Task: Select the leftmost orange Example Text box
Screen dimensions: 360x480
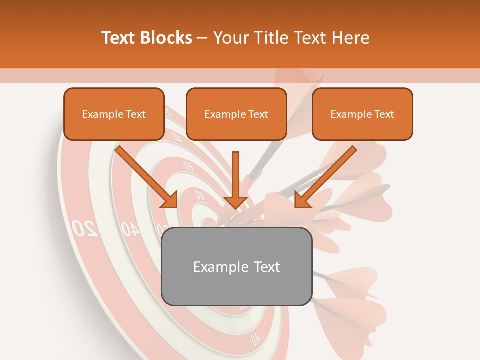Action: [114, 114]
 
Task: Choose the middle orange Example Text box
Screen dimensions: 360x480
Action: [236, 114]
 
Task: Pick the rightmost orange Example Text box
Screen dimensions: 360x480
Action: [362, 114]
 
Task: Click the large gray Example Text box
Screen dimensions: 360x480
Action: [236, 266]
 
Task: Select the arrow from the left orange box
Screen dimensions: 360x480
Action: [145, 175]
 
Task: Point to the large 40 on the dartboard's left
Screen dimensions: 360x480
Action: [130, 229]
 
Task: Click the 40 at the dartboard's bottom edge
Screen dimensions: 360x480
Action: [255, 339]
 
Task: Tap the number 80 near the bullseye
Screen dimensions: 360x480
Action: [199, 195]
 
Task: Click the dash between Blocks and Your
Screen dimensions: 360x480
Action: [202, 38]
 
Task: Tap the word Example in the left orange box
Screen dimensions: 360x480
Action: [96, 114]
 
